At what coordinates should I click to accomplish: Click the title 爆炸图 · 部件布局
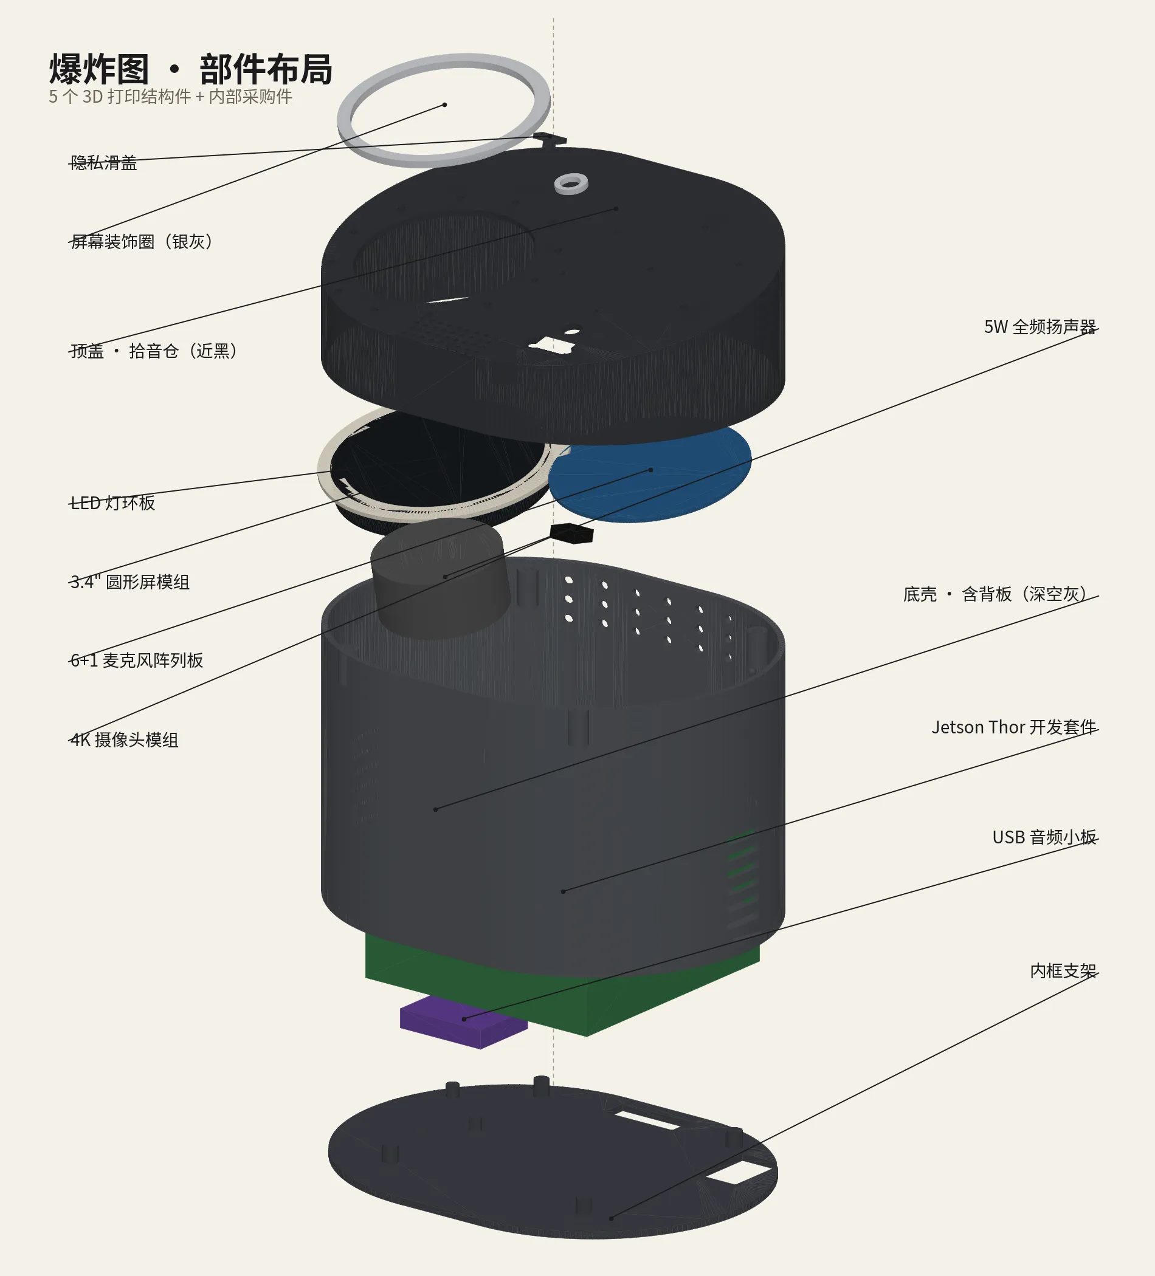click(x=191, y=69)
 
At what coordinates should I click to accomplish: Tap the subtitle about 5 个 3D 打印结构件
click(x=170, y=97)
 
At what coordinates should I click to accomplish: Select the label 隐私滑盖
click(x=103, y=163)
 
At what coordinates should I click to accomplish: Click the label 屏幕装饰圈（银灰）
click(x=142, y=242)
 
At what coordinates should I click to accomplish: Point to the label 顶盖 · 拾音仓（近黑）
click(x=154, y=351)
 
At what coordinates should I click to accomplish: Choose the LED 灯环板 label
click(x=112, y=503)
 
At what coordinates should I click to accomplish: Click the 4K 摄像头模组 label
click(x=124, y=740)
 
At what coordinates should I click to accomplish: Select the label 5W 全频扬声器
click(x=1040, y=327)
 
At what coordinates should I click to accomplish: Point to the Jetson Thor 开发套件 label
click(x=1014, y=727)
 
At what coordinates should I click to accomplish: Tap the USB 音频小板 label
click(x=1044, y=837)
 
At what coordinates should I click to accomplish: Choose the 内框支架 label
click(x=1063, y=971)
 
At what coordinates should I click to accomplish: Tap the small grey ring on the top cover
click(x=571, y=184)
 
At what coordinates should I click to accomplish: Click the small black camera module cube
click(x=572, y=533)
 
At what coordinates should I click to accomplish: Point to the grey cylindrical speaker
click(x=440, y=578)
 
